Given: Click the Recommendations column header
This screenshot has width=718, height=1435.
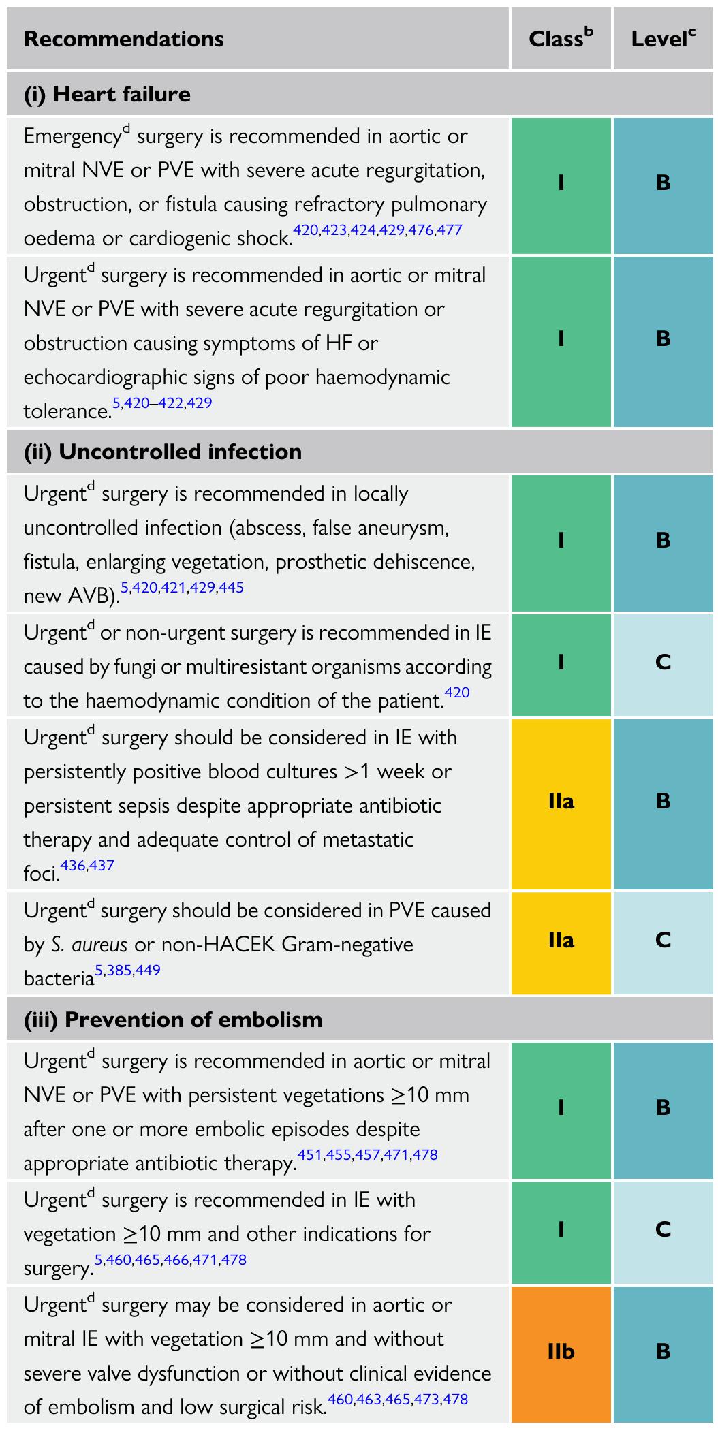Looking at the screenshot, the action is (x=123, y=39).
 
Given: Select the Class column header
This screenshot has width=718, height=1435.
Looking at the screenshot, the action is (x=560, y=39).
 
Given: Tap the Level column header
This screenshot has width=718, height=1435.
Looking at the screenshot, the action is (x=663, y=39).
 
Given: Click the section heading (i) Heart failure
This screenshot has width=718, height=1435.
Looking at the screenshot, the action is (x=107, y=94).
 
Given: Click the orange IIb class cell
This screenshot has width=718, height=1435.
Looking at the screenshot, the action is (x=561, y=1351).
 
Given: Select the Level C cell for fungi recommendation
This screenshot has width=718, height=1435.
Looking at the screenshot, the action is (x=663, y=662).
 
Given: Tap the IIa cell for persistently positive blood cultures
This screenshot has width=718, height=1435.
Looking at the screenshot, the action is (x=561, y=801).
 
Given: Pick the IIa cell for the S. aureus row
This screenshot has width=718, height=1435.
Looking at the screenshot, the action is (x=561, y=941).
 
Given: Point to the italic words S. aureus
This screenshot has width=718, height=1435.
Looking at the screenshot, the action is (x=89, y=945).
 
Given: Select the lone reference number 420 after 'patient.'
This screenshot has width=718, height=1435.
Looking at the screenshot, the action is (x=457, y=693).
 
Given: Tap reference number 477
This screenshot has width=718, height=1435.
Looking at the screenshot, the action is (x=450, y=230).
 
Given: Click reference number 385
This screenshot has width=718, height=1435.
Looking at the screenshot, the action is (x=119, y=970).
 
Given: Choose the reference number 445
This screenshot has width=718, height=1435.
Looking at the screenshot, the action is (x=232, y=587).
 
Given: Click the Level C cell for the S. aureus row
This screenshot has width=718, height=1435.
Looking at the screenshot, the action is (x=663, y=941).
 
